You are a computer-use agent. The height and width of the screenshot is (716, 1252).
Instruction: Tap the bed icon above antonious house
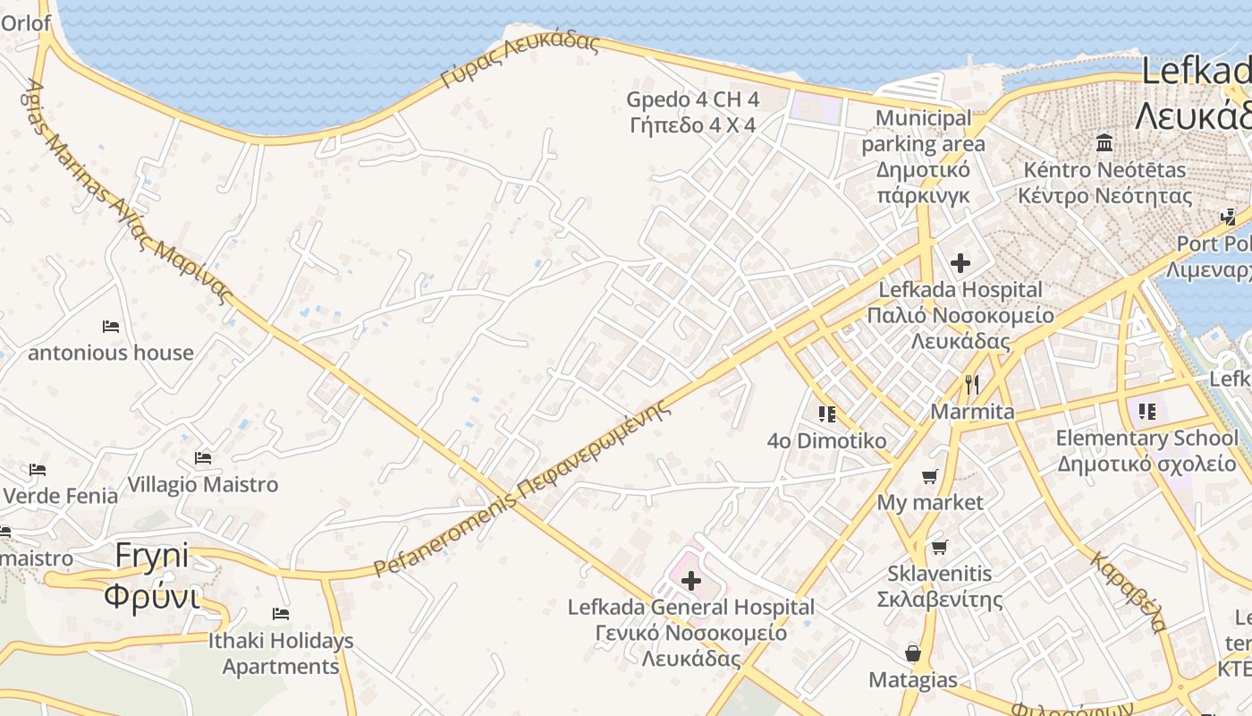111,326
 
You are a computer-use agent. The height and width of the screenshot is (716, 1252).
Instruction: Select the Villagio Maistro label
203,484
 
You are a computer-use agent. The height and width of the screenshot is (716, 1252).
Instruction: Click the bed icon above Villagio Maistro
203,458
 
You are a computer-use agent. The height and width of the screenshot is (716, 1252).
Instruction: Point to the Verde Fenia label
61,495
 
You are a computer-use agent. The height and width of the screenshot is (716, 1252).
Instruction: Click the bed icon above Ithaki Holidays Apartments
281,614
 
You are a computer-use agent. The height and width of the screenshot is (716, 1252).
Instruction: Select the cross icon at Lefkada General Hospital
691,581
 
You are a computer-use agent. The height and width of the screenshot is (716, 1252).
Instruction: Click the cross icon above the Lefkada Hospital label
960,263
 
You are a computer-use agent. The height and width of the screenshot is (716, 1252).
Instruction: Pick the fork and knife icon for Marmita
972,385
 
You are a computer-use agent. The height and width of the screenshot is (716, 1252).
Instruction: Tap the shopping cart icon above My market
930,476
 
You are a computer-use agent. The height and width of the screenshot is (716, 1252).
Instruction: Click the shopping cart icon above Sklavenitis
939,547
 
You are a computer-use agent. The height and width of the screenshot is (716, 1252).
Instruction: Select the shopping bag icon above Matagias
913,653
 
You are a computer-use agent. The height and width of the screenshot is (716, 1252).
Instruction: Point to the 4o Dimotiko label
827,440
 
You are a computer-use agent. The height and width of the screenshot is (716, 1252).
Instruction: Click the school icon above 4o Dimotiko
826,413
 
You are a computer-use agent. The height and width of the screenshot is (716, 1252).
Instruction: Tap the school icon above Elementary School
1147,412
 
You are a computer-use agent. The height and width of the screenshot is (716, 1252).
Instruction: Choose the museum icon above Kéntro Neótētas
1104,143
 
